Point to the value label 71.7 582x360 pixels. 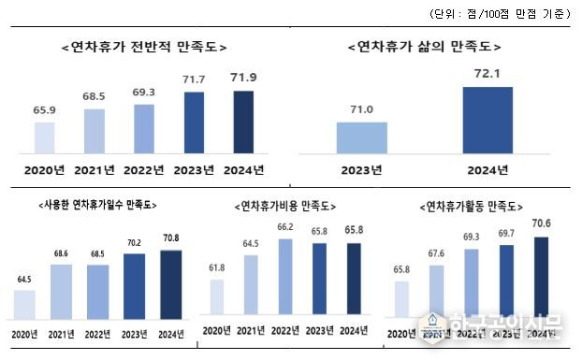195,82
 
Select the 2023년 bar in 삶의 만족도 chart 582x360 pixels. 362,137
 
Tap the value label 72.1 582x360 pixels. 487,74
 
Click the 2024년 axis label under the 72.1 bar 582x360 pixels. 487,169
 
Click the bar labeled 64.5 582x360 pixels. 24,304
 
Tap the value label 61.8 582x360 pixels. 217,267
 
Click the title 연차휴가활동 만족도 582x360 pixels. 473,205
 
